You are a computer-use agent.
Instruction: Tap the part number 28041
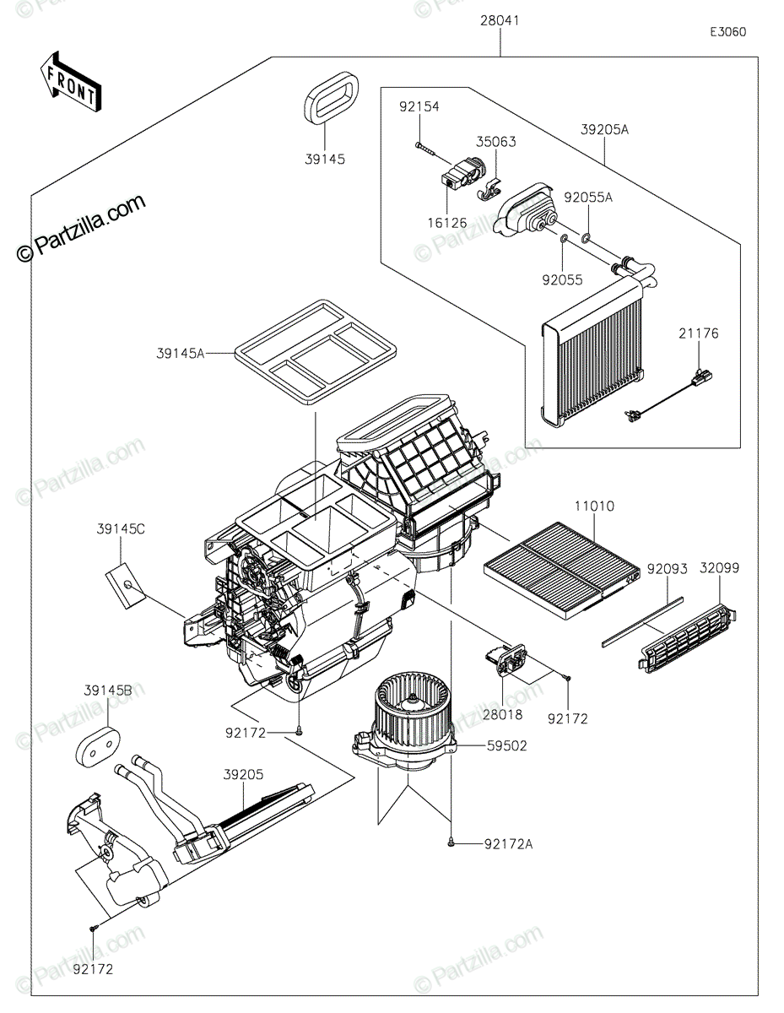[500, 20]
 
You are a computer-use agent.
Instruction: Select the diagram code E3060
[727, 32]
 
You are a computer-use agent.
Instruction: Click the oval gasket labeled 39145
[332, 98]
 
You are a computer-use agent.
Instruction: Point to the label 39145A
[181, 354]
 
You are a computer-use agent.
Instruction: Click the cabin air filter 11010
[562, 570]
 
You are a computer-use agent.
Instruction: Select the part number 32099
[720, 568]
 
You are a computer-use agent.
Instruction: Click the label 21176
[698, 333]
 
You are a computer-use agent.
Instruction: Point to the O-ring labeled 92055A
[586, 240]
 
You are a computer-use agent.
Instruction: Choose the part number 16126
[447, 223]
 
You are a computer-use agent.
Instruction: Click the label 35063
[495, 142]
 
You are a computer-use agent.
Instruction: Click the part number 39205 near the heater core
[243, 774]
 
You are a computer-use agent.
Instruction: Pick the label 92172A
[508, 844]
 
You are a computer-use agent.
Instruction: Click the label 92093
[667, 569]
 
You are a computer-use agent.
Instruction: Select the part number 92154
[419, 106]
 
